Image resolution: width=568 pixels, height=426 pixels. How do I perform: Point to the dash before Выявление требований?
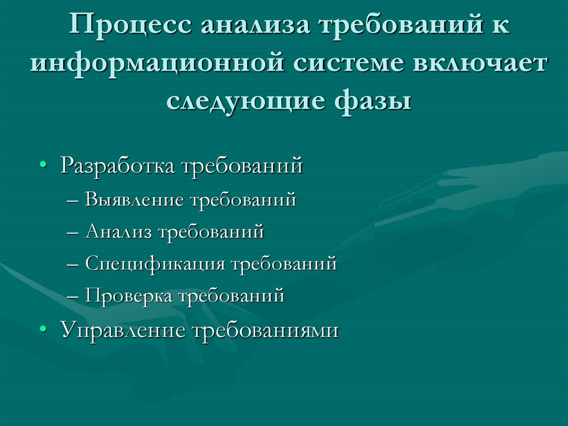point(77,200)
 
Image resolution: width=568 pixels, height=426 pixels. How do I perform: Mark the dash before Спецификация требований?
point(77,264)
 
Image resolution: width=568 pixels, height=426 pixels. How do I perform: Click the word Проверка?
point(129,295)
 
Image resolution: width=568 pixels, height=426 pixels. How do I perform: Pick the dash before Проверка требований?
point(77,296)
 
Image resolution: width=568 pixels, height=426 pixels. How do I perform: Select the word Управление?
point(123,330)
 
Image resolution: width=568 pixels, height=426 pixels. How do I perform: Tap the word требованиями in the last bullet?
point(265,330)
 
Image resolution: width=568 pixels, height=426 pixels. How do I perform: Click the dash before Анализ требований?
point(77,232)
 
